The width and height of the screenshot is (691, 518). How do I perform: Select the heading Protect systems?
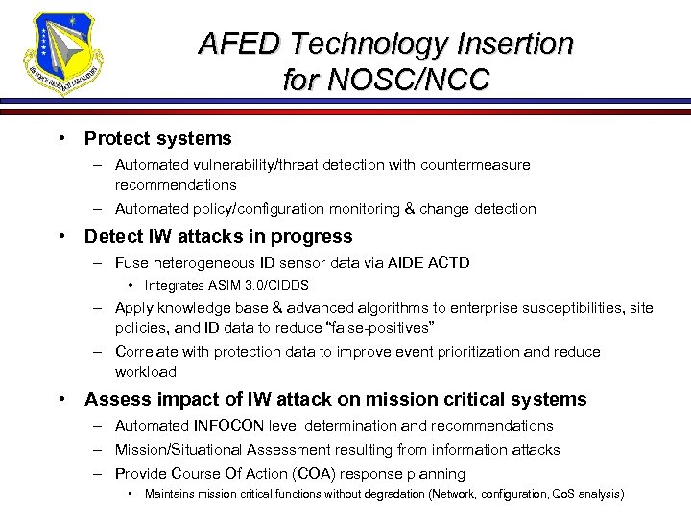point(157,138)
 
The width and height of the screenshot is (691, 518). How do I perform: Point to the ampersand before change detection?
point(407,208)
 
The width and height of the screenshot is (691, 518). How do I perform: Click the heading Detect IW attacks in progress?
point(218,236)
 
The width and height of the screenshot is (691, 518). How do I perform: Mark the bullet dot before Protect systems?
point(62,138)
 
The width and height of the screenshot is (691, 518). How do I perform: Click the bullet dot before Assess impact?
point(62,399)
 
